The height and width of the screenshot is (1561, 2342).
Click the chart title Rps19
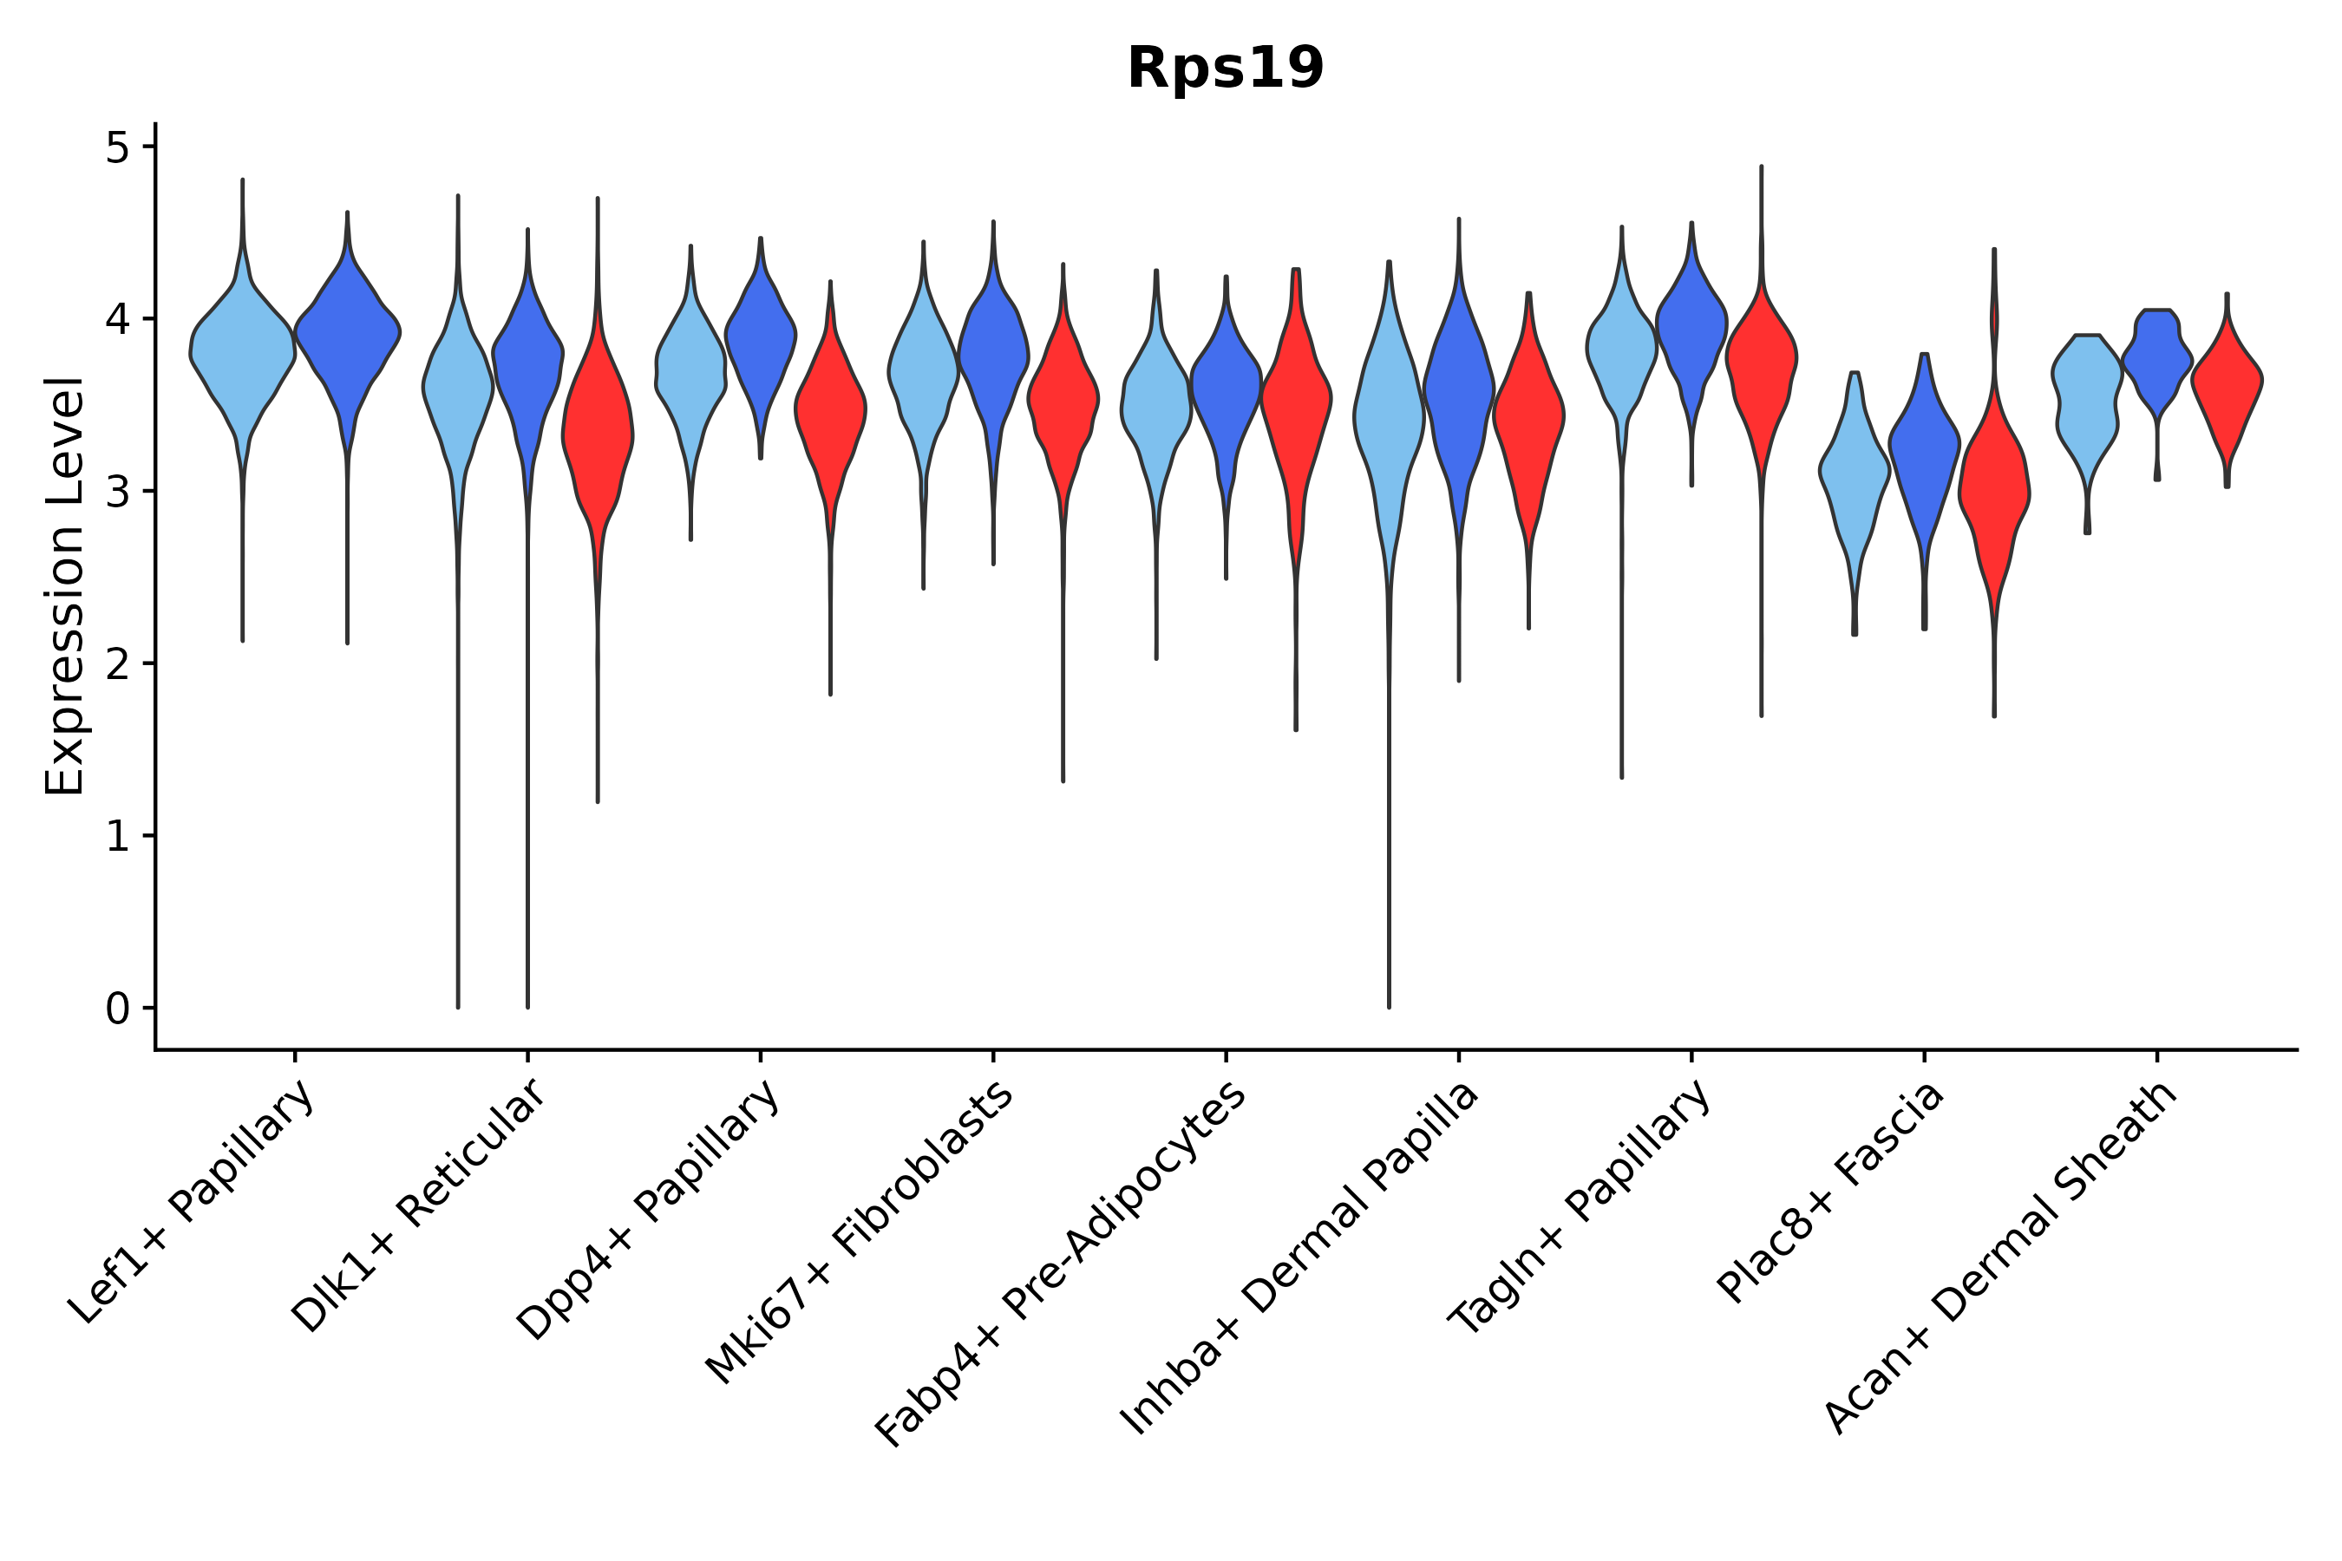pos(1225,69)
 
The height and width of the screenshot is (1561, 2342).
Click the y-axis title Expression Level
pos(65,585)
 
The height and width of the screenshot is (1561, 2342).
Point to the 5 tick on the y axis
pos(117,148)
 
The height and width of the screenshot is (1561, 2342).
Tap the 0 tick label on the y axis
pos(117,1009)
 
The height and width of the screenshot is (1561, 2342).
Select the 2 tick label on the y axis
pos(117,665)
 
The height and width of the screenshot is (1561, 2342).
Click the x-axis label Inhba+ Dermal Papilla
pos(1299,1259)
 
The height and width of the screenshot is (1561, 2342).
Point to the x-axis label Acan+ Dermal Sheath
pos(1999,1258)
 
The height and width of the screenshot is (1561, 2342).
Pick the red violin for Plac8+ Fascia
pos(1993,487)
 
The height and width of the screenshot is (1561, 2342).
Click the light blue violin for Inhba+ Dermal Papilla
pos(1389,418)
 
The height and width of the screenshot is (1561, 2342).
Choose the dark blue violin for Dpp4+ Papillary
pos(760,338)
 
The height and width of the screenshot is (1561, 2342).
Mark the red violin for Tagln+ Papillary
pos(1761,358)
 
